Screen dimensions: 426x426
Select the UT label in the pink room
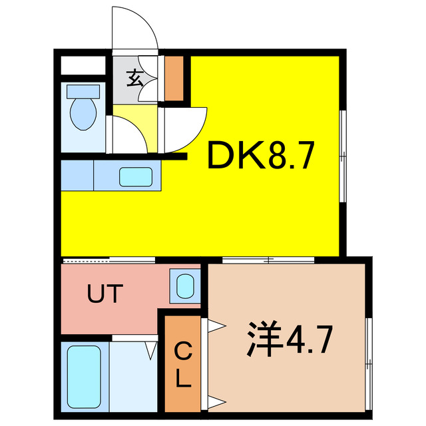click(105, 294)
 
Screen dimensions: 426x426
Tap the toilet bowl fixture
click(84, 111)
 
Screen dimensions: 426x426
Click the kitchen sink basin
click(136, 177)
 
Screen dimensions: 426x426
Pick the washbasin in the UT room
click(183, 285)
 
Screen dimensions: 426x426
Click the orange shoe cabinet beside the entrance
click(174, 79)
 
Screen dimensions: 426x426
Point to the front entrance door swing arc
click(135, 30)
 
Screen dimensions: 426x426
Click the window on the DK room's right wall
click(343, 156)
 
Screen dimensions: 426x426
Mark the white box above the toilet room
click(84, 66)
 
